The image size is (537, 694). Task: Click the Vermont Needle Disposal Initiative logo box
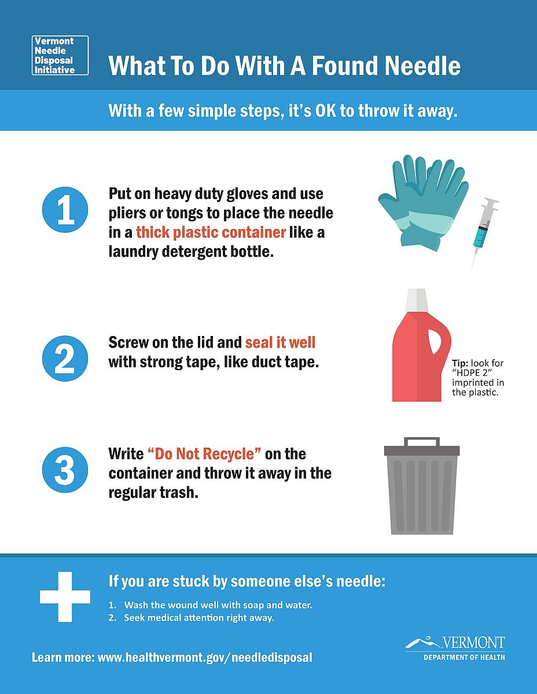60,56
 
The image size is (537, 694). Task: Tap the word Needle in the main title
422,65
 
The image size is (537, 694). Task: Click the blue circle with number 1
65,209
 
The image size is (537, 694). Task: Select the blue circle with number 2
65,359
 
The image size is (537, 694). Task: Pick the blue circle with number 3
65,470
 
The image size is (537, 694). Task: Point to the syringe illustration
484,235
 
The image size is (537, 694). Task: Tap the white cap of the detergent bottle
417,300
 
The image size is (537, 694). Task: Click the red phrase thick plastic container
211,232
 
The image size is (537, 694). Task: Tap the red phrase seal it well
280,342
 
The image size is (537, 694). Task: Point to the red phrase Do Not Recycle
204,454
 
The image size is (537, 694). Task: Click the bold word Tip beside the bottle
460,363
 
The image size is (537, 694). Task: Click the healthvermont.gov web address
205,658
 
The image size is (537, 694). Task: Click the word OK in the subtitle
326,111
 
